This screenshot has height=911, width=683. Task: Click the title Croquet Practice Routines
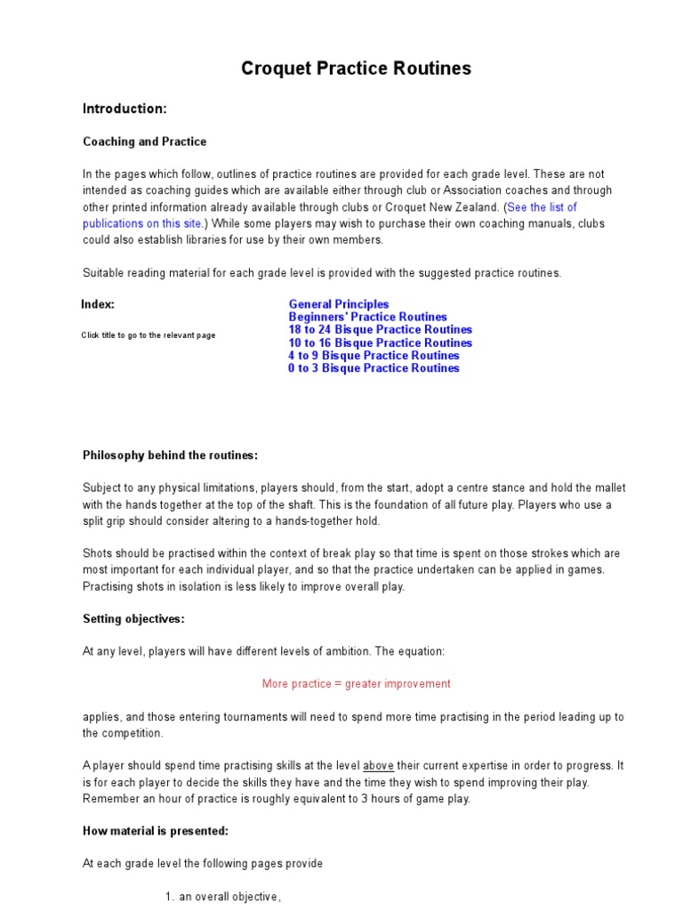point(356,69)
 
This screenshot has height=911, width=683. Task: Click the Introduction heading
point(125,109)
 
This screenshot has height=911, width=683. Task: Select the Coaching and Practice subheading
point(144,141)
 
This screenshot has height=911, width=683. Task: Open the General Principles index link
point(338,304)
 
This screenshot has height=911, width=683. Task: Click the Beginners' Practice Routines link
point(367,317)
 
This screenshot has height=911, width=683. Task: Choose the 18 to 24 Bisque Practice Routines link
point(380,329)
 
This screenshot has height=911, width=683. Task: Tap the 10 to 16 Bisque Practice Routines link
point(380,343)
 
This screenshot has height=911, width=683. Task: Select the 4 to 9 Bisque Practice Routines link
point(374,355)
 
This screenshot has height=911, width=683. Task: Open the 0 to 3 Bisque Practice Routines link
point(374,368)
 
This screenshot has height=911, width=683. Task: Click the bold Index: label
point(98,304)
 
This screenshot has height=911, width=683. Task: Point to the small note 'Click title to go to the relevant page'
point(148,335)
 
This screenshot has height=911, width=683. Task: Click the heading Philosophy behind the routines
point(170,455)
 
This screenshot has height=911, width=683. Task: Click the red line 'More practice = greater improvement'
point(356,684)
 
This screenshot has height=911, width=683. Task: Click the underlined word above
point(379,766)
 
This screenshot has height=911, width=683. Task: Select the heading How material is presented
point(156,831)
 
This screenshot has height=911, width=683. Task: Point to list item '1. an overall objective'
point(223,897)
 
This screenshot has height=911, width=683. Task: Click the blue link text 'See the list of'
point(542,207)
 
